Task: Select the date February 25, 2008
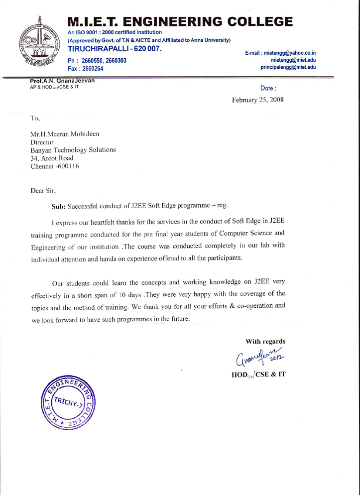pyautogui.click(x=257, y=100)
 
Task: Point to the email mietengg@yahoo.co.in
pyautogui.click(x=288, y=53)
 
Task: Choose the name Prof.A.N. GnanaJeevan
pyautogui.click(x=62, y=80)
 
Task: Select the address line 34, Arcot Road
pyautogui.click(x=52, y=158)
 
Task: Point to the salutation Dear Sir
pyautogui.click(x=43, y=190)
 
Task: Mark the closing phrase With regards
pyautogui.click(x=265, y=341)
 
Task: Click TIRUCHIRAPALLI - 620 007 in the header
pyautogui.click(x=115, y=50)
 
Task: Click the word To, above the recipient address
pyautogui.click(x=34, y=118)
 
